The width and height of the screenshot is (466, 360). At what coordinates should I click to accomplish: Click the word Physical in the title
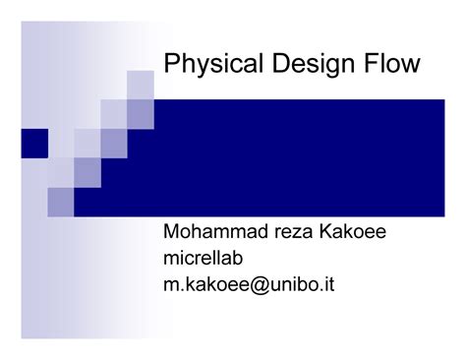pos(205,65)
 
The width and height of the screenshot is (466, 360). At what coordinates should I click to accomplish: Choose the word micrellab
pos(201,260)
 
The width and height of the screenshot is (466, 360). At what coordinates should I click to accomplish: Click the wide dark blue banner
pos(295,157)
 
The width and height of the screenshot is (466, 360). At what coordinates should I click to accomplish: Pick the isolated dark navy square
pos(33,143)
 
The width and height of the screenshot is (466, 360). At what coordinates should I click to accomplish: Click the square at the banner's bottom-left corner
pos(61,202)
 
